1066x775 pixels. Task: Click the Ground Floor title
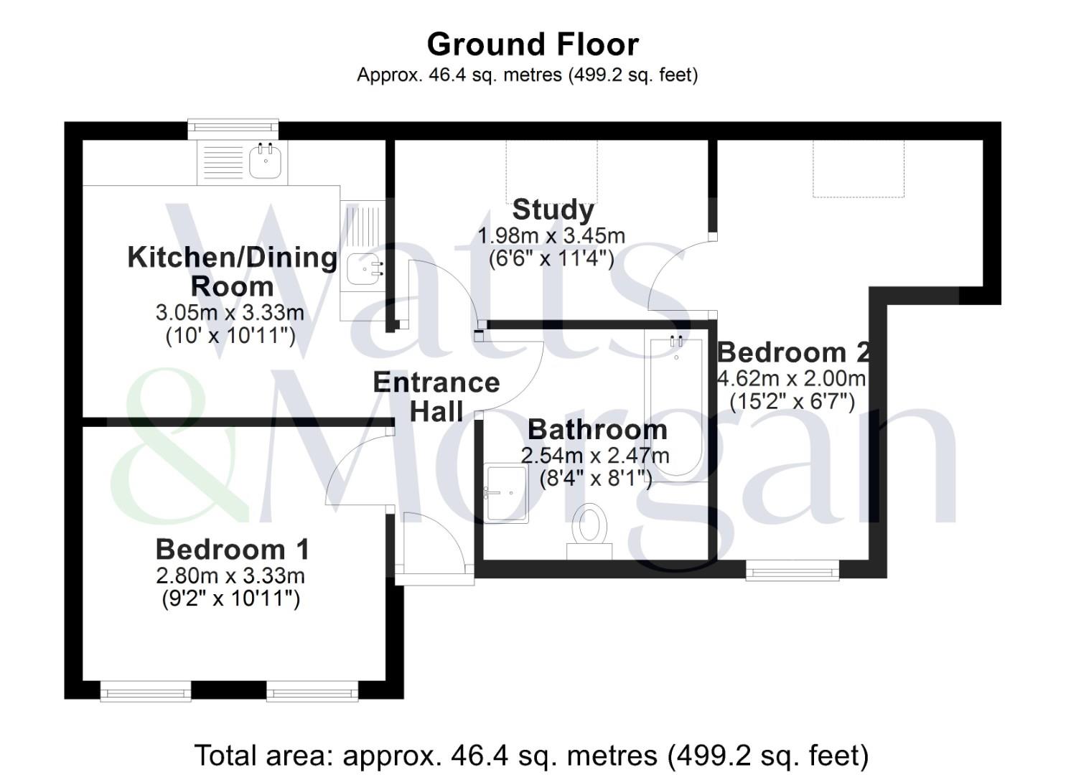(x=533, y=44)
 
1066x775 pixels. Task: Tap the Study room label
(x=553, y=210)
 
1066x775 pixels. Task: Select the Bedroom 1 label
(x=233, y=550)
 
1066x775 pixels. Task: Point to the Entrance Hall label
(x=436, y=397)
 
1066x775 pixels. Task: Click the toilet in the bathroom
(x=589, y=532)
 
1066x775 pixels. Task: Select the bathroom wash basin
(x=506, y=494)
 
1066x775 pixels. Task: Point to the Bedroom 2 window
(x=792, y=570)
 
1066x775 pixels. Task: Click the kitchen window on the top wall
(x=233, y=129)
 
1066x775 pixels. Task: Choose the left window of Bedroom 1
(x=146, y=690)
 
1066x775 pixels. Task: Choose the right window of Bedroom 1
(x=312, y=690)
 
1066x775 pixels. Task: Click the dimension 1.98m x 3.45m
(x=551, y=236)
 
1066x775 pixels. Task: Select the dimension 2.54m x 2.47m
(x=595, y=456)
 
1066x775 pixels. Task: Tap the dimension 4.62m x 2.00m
(x=791, y=379)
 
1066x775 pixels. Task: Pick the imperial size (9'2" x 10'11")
(x=231, y=598)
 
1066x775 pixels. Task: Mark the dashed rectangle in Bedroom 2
(x=859, y=169)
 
